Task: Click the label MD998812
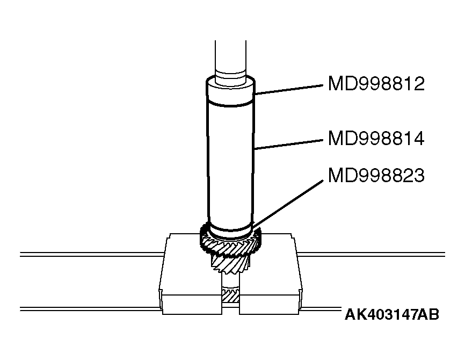[x=376, y=84]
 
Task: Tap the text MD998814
[x=376, y=139]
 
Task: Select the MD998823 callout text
[x=376, y=176]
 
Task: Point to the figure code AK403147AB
[x=391, y=314]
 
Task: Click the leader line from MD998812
[x=290, y=89]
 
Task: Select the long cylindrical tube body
[x=230, y=161]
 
